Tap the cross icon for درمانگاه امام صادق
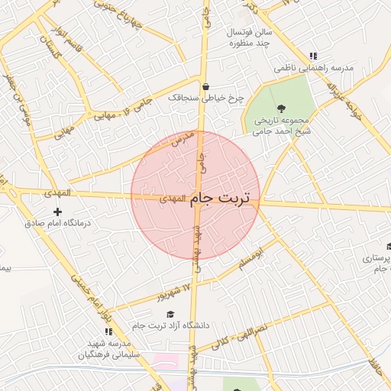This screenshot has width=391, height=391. click(x=57, y=211)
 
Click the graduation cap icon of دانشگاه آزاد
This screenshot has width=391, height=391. click(x=170, y=314)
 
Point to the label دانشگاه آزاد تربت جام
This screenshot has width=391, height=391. click(x=170, y=326)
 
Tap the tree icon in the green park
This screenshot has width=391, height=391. click(x=281, y=108)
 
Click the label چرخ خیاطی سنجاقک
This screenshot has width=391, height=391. click(x=212, y=98)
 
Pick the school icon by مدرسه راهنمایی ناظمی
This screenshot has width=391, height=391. click(x=313, y=56)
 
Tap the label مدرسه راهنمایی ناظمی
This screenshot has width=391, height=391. click(x=315, y=68)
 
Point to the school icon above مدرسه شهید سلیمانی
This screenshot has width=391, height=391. click(x=108, y=331)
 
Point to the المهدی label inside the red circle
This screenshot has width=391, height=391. click(x=173, y=199)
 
